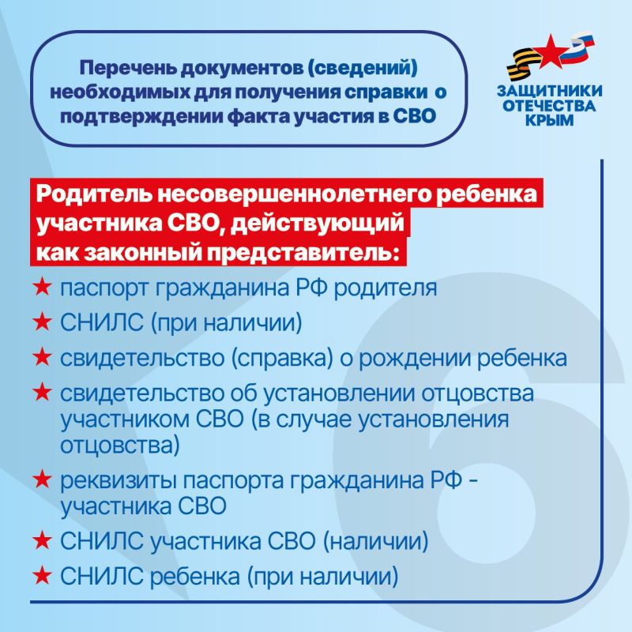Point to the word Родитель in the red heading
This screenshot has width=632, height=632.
[x=88, y=197]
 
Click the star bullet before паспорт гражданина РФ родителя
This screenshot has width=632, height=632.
[x=42, y=288]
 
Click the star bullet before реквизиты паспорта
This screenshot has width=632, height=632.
[x=42, y=480]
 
